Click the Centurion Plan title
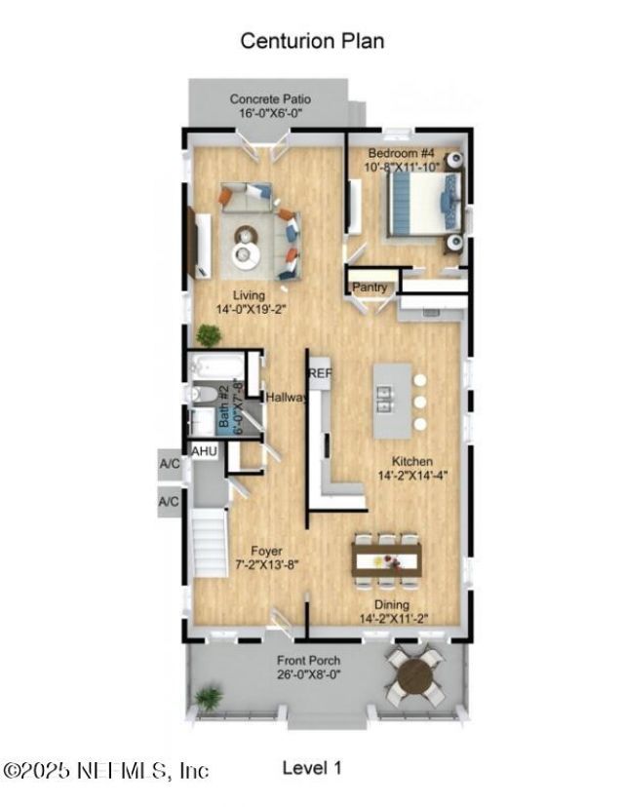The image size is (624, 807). point(312,41)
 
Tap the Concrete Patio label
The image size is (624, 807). point(270,98)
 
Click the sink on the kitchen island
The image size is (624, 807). point(386,399)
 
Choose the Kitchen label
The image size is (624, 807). point(411,461)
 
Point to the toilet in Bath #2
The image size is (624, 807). point(202,395)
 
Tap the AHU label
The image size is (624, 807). point(204,451)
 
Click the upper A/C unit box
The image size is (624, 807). point(169,464)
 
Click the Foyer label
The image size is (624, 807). point(266,551)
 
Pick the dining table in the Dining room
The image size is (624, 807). point(387,561)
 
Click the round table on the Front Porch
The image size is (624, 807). point(414,674)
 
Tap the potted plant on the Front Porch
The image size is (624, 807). point(208,698)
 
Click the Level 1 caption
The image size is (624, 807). point(312,768)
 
